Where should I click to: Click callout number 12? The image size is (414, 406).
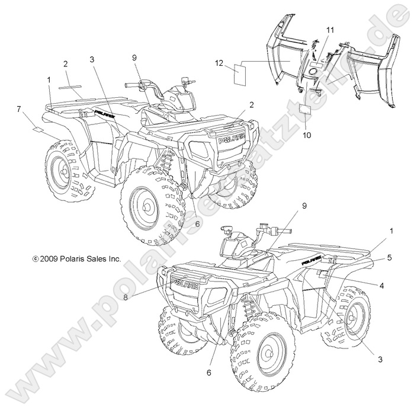(220, 63)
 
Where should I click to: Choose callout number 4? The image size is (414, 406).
(381, 286)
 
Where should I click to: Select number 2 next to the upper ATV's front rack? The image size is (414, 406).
(251, 104)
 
